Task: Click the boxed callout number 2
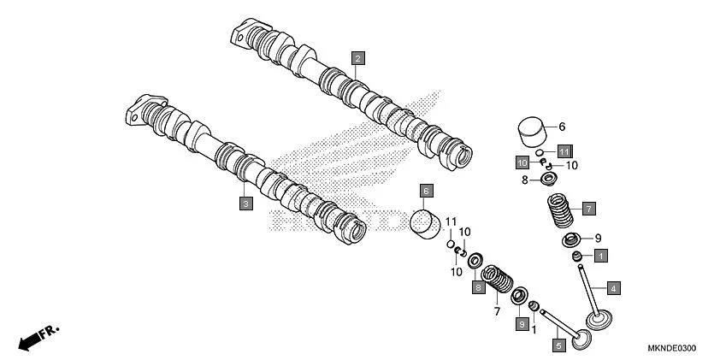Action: [x=358, y=58]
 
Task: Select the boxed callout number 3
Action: [x=245, y=204]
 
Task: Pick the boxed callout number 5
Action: [x=558, y=346]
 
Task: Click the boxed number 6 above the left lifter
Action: [x=426, y=191]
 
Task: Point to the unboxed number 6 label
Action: [x=562, y=127]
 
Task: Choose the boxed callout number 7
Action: [x=588, y=208]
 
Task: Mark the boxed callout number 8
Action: [x=478, y=287]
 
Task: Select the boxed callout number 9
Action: [x=521, y=323]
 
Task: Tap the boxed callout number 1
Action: [x=601, y=255]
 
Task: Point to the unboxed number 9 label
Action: [x=598, y=238]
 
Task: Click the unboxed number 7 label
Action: [x=496, y=312]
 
